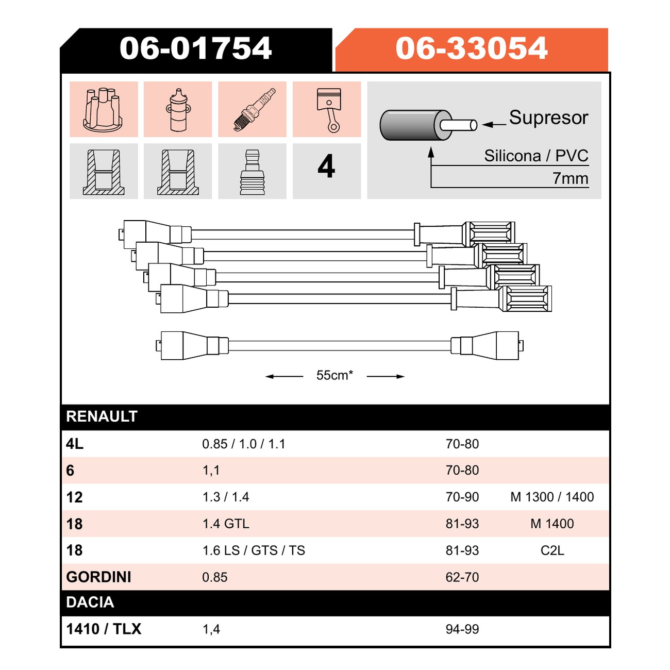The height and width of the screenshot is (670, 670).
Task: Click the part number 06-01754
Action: [x=195, y=48]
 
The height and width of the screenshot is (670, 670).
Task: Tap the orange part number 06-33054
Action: [x=471, y=48]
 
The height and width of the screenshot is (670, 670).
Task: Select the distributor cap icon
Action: [x=103, y=109]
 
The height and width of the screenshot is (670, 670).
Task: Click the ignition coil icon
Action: [x=178, y=110]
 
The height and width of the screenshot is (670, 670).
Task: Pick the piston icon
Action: [x=329, y=110]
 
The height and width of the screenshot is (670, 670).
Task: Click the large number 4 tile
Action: [x=326, y=166]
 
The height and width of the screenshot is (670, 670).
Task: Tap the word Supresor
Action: [x=548, y=118]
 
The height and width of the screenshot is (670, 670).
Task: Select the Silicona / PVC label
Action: [x=536, y=156]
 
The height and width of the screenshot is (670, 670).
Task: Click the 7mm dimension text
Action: [x=570, y=178]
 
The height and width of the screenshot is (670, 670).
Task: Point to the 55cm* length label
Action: [x=334, y=375]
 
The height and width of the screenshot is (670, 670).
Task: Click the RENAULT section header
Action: [x=102, y=416]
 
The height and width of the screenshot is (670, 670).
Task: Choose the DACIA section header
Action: [x=90, y=602]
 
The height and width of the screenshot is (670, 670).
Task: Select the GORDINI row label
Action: [x=98, y=577]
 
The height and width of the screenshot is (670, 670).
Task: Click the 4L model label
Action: [x=75, y=444]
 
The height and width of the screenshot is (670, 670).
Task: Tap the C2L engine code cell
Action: [x=552, y=550]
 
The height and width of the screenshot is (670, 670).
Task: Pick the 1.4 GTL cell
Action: [x=226, y=524]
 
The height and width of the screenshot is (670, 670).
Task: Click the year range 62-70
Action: [x=462, y=577]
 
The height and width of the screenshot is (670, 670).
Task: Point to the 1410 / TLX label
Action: [x=104, y=629]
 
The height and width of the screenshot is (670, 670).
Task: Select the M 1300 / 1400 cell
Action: [x=552, y=497]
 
